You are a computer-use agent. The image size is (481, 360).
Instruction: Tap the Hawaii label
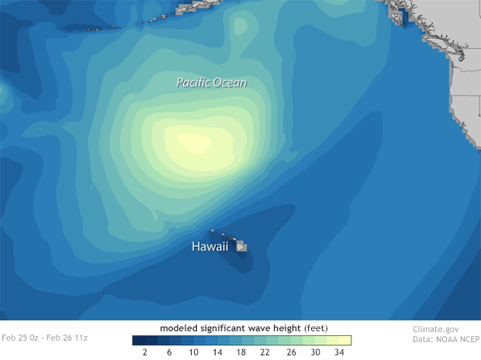coord(209,247)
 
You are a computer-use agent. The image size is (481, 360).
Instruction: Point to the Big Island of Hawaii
coord(242,246)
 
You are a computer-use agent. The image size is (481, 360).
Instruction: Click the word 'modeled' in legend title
coord(179,327)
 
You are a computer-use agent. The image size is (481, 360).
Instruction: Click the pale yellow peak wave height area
coord(194,144)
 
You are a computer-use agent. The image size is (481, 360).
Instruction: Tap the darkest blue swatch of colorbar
coord(135,340)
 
